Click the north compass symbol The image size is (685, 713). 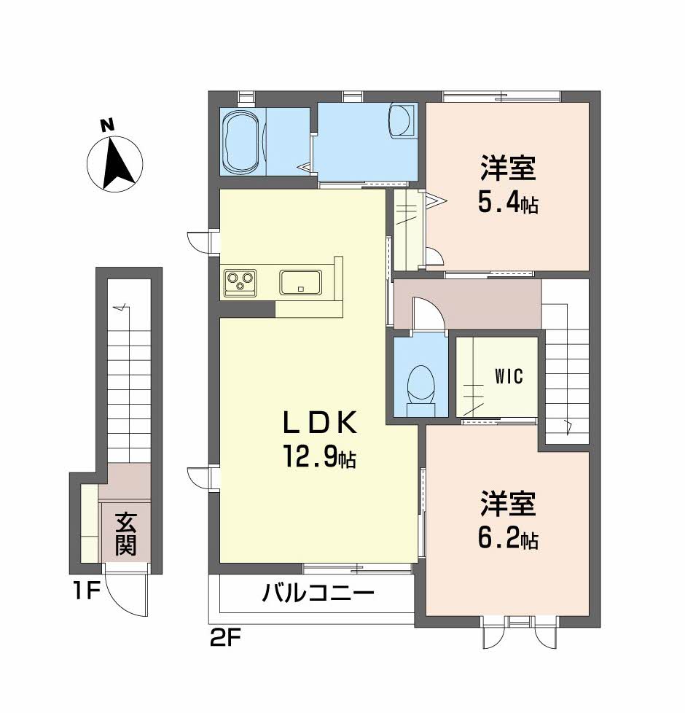114,163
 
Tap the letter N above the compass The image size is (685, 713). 107,125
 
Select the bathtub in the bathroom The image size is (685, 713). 240,142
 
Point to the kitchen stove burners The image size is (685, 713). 240,281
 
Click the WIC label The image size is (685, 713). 509,377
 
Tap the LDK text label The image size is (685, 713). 320,423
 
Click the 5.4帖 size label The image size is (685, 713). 507,203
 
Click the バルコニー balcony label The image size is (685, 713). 318,593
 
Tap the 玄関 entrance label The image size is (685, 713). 126,534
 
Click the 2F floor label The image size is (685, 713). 225,640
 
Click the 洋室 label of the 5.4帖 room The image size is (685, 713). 508,169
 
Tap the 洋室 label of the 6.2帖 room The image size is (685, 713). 508,504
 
